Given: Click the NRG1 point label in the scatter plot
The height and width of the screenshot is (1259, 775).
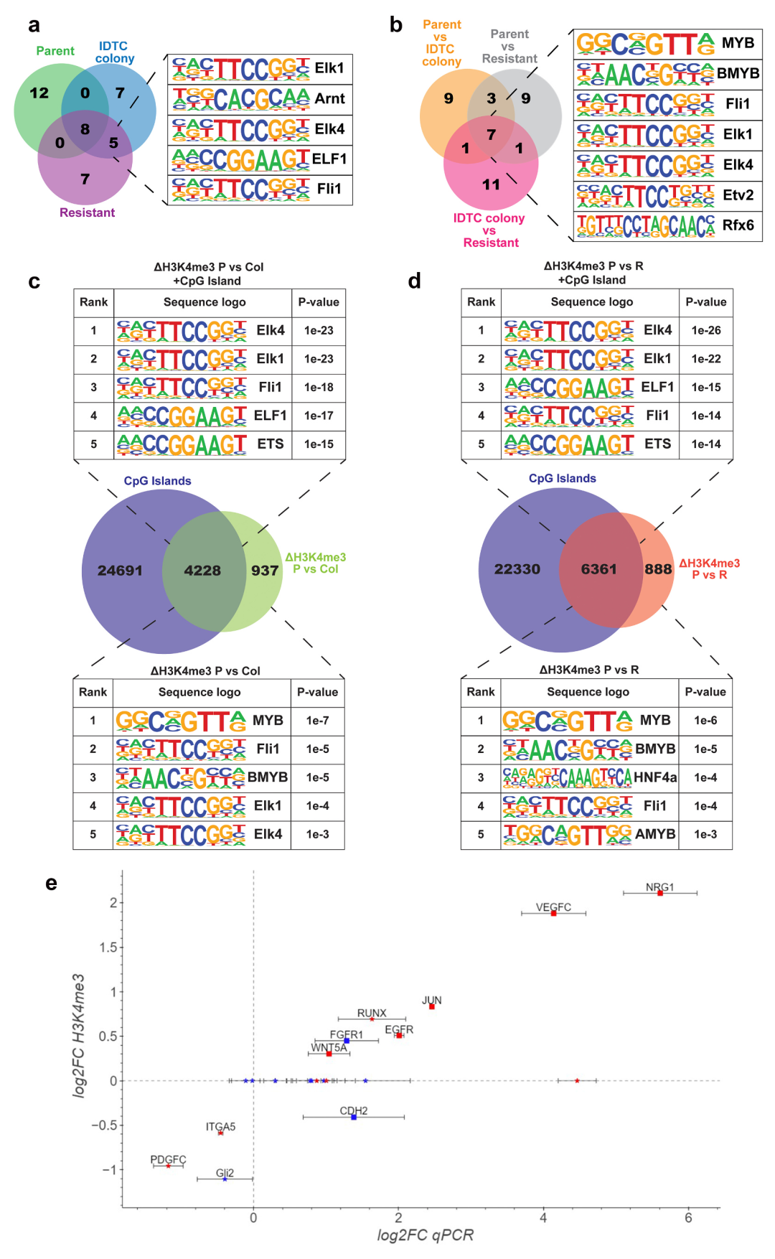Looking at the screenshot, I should (x=659, y=887).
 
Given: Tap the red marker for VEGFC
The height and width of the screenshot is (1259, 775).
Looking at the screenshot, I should (x=553, y=913).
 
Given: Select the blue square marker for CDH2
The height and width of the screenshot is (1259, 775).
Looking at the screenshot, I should (x=354, y=1117).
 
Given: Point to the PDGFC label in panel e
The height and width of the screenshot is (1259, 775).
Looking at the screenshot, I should (x=168, y=1159).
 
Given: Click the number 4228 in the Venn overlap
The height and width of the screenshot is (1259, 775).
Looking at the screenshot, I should (x=202, y=571).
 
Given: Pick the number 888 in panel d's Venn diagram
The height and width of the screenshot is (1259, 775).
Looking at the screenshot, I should (x=658, y=569).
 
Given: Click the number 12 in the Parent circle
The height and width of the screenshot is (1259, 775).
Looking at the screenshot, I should (x=39, y=93).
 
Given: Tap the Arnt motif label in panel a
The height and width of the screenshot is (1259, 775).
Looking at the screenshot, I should (x=330, y=98).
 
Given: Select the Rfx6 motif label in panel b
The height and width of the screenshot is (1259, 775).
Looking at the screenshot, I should (x=738, y=225).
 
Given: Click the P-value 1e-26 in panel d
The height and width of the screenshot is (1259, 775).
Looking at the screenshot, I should (x=706, y=330).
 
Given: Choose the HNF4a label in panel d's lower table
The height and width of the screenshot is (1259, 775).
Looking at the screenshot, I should (x=655, y=777).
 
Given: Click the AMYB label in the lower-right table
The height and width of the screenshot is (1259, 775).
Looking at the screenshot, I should (x=655, y=834).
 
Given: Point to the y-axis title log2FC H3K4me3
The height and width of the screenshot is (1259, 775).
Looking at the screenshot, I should (x=78, y=1035).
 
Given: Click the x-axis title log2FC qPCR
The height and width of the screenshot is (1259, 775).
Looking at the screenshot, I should (x=426, y=1235).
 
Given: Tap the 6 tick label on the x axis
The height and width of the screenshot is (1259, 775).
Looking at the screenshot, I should (x=688, y=1217).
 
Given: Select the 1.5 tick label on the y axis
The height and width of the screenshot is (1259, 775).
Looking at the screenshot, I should (x=108, y=947).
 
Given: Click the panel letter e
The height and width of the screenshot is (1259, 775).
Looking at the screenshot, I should (x=51, y=883).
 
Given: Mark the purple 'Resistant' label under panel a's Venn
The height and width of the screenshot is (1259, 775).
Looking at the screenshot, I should (x=87, y=212).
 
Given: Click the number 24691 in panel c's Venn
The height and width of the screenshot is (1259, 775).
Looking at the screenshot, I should (x=120, y=571).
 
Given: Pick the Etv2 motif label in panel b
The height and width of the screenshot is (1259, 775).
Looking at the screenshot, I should (x=738, y=195).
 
